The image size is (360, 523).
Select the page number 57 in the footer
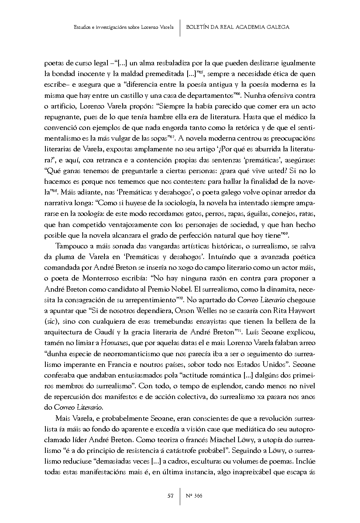170,496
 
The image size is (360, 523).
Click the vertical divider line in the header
180,27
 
